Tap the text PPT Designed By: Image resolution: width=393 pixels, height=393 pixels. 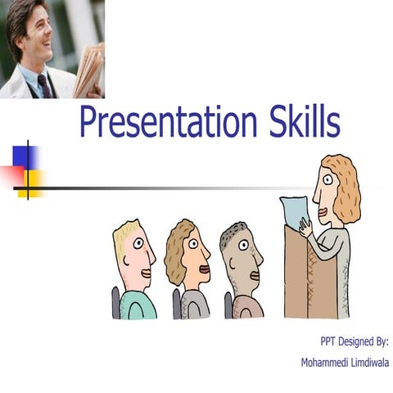(354, 340)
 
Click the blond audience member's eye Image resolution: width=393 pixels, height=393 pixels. (139, 244)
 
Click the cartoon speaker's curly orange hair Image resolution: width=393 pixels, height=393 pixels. (344, 184)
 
